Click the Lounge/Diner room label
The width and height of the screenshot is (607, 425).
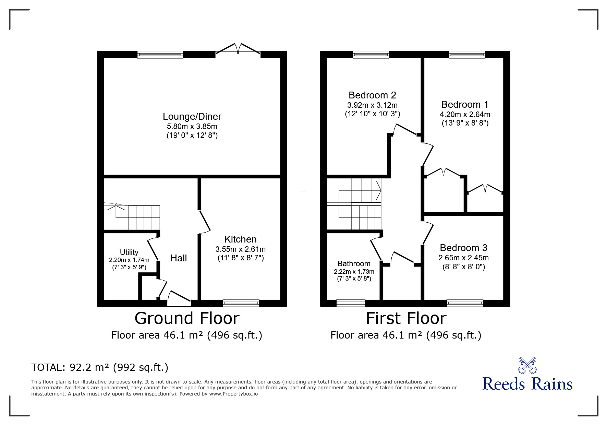pyautogui.click(x=192, y=117)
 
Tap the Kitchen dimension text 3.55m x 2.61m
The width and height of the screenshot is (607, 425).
pyautogui.click(x=240, y=249)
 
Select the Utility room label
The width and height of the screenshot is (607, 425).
pyautogui.click(x=129, y=252)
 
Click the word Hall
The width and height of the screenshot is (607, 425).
pyautogui.click(x=179, y=258)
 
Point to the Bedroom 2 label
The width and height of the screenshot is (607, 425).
pyautogui.click(x=372, y=95)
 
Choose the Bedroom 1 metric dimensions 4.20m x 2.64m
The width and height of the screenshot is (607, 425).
pyautogui.click(x=465, y=114)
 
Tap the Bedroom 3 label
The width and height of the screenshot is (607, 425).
pyautogui.click(x=463, y=248)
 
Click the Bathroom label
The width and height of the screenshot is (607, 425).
pyautogui.click(x=354, y=263)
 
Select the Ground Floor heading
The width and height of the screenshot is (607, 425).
pyautogui.click(x=187, y=318)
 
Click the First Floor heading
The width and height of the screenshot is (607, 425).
pyautogui.click(x=406, y=318)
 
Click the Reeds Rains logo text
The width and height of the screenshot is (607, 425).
pyautogui.click(x=527, y=383)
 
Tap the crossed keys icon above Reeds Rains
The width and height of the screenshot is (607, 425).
pyautogui.click(x=527, y=365)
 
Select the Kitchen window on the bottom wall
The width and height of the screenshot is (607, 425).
pyautogui.click(x=241, y=303)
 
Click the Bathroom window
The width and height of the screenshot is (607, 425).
pyautogui.click(x=351, y=303)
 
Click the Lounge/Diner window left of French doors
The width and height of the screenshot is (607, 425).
pyautogui.click(x=160, y=54)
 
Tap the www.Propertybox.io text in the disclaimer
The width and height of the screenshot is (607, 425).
pyautogui.click(x=233, y=394)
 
